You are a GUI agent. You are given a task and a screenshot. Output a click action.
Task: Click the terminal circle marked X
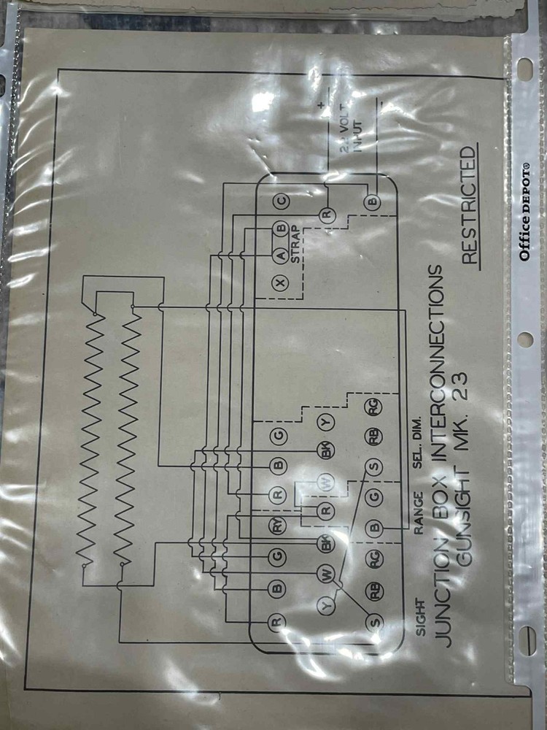tap(279, 283)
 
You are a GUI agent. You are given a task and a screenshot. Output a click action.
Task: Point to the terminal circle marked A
tap(279, 255)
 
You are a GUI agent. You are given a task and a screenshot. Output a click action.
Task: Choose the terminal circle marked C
tap(280, 200)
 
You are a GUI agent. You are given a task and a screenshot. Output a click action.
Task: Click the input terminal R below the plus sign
tap(327, 214)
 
